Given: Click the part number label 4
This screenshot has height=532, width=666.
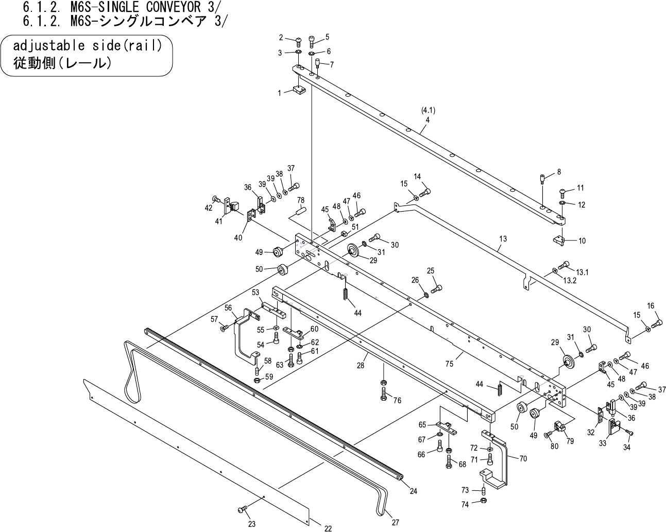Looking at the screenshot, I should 427,119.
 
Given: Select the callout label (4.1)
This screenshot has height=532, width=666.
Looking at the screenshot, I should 428,110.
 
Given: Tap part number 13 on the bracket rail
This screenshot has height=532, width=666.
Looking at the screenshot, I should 503,239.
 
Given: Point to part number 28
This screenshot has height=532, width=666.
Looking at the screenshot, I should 361,365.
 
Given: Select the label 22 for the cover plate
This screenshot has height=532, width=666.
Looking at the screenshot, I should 328,528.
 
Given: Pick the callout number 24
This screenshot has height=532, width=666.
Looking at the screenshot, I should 413,491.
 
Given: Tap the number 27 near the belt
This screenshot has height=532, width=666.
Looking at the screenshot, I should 395,522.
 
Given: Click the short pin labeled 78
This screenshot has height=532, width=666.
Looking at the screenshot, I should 301,211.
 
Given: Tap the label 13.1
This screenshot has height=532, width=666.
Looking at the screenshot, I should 583,272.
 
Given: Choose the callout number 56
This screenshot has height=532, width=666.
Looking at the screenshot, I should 228,308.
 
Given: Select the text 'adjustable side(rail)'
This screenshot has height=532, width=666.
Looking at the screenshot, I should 88,46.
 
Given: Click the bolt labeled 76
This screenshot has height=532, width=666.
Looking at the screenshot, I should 384,394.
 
